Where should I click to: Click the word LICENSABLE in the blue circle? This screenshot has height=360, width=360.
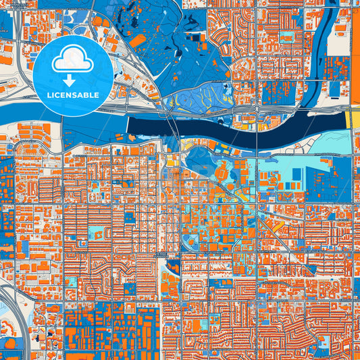[x=73, y=95]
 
